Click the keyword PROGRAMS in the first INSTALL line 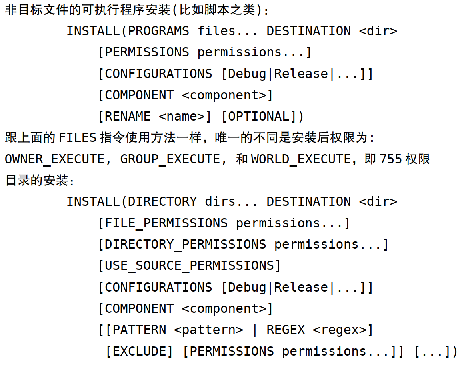click(x=158, y=31)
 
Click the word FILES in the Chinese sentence click(x=78, y=138)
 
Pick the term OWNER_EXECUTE click(x=54, y=159)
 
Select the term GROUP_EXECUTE click(x=170, y=159)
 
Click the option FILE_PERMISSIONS click(x=166, y=223)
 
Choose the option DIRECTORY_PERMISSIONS click(x=185, y=245)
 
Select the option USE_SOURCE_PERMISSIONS click(x=189, y=266)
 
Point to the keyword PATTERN click(x=139, y=330)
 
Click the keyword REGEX click(x=286, y=330)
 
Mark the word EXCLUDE click(x=139, y=351)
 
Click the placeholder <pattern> click(x=208, y=330)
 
